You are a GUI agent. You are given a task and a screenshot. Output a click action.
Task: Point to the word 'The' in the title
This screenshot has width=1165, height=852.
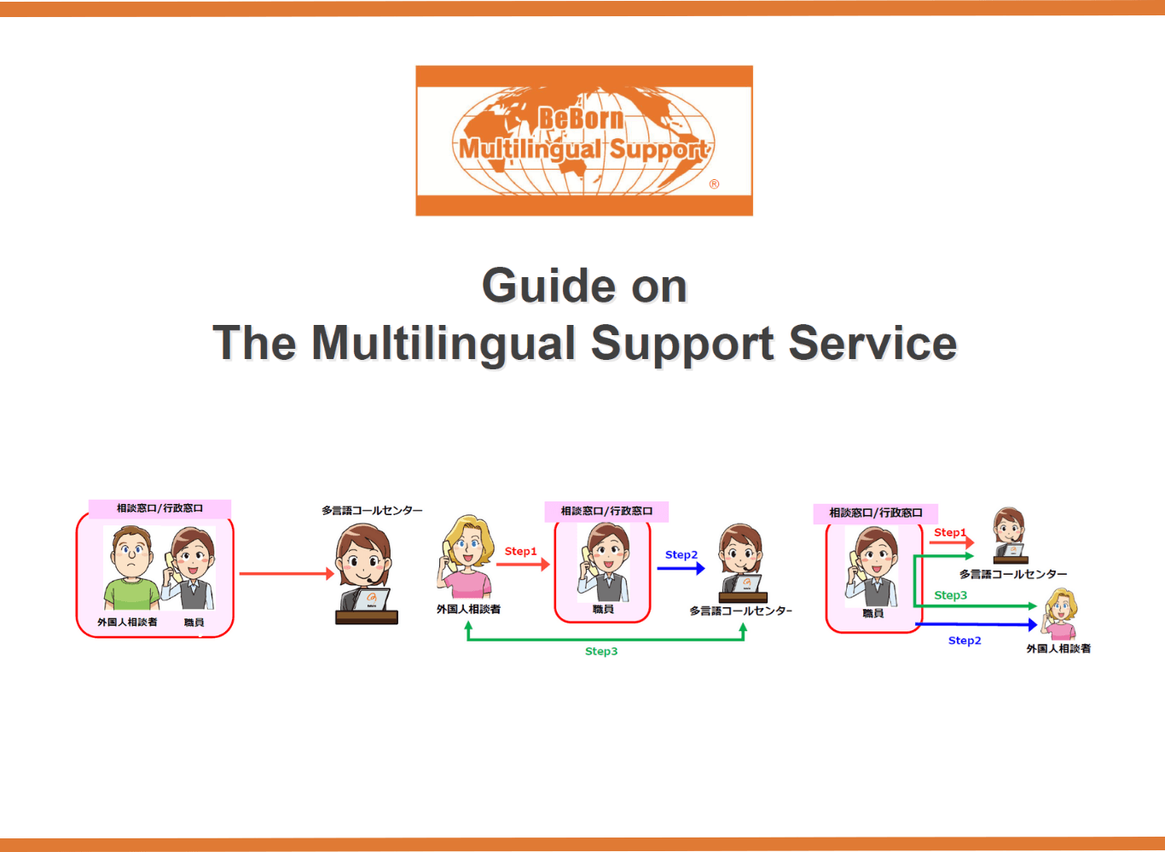[x=254, y=343]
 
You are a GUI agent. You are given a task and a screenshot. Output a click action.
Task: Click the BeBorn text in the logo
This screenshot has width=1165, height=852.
[x=581, y=119]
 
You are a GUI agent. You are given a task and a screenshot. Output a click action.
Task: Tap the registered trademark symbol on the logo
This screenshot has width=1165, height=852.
[x=714, y=183]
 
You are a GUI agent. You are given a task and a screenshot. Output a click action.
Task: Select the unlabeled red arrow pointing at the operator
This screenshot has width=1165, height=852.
[x=286, y=574]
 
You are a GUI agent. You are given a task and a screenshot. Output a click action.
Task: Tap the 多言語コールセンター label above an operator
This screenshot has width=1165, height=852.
[x=372, y=510]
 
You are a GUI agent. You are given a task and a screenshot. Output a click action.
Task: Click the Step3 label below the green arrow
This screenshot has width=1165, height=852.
[x=601, y=652]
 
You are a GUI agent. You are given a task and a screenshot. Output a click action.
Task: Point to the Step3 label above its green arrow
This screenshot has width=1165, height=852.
[x=950, y=595]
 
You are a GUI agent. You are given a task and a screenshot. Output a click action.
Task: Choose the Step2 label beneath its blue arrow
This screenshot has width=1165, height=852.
[x=965, y=640]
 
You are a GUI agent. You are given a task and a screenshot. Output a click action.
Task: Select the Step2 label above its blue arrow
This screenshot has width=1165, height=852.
[x=681, y=554]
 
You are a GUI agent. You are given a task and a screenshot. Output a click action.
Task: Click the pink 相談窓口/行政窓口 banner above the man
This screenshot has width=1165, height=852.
[x=159, y=508]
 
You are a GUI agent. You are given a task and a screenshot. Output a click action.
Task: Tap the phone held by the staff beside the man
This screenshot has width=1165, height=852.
[x=170, y=563]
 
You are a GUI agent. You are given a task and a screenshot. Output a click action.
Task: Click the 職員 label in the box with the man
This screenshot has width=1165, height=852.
[x=194, y=622]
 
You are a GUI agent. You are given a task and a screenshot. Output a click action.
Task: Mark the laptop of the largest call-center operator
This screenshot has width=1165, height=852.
[x=372, y=600]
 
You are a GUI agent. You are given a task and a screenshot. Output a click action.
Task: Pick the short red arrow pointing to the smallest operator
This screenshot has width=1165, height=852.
[x=951, y=542]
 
